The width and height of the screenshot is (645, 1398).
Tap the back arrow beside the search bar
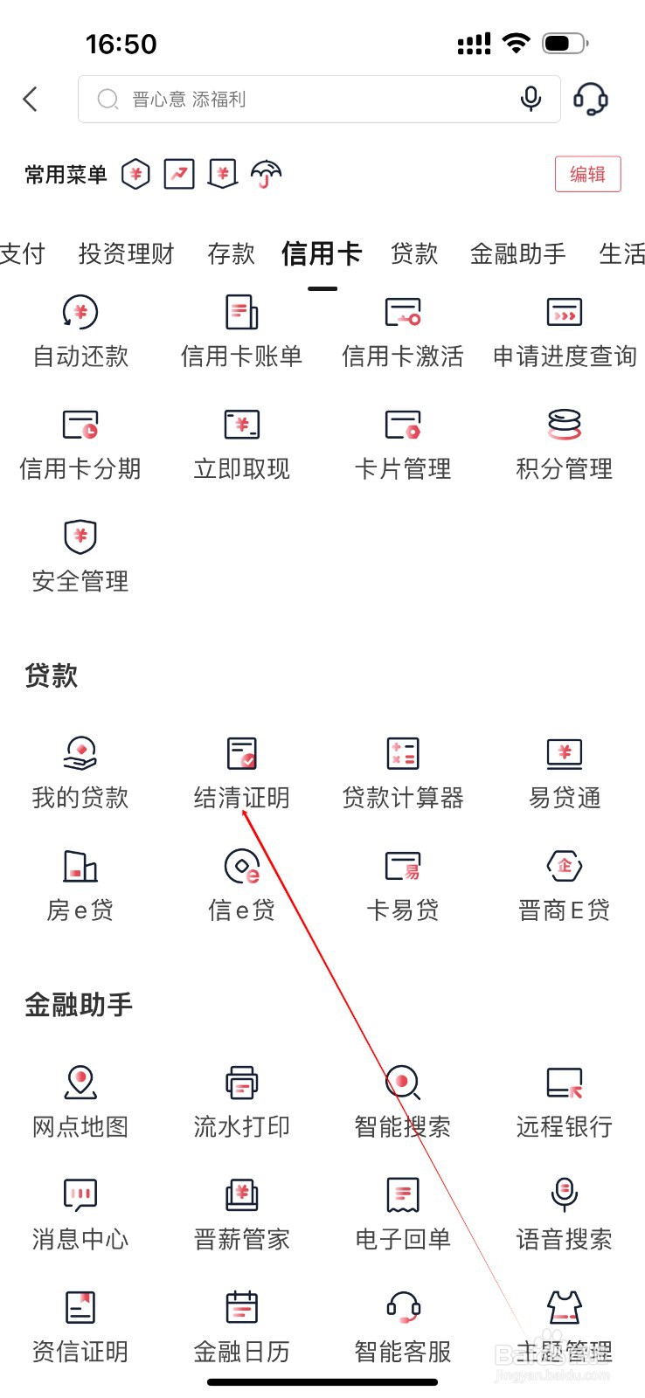click(30, 99)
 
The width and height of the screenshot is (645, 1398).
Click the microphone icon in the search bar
click(531, 99)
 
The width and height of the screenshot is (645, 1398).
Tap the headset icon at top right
click(590, 99)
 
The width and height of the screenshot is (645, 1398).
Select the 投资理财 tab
click(126, 254)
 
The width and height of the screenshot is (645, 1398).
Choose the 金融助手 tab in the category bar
click(517, 254)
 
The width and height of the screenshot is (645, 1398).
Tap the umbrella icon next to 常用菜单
click(266, 174)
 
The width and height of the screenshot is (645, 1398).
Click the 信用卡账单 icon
click(241, 312)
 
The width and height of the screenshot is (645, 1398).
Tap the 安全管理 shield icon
click(80, 536)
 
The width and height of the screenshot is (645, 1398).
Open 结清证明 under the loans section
click(241, 774)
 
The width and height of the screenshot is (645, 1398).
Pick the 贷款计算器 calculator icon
click(403, 753)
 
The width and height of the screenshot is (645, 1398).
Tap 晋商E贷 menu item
click(565, 886)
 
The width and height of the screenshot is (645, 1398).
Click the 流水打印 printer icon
click(241, 1083)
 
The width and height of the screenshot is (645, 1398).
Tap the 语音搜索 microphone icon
click(565, 1194)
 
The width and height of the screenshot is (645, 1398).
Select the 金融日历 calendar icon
click(241, 1307)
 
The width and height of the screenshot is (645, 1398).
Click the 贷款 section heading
click(52, 676)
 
